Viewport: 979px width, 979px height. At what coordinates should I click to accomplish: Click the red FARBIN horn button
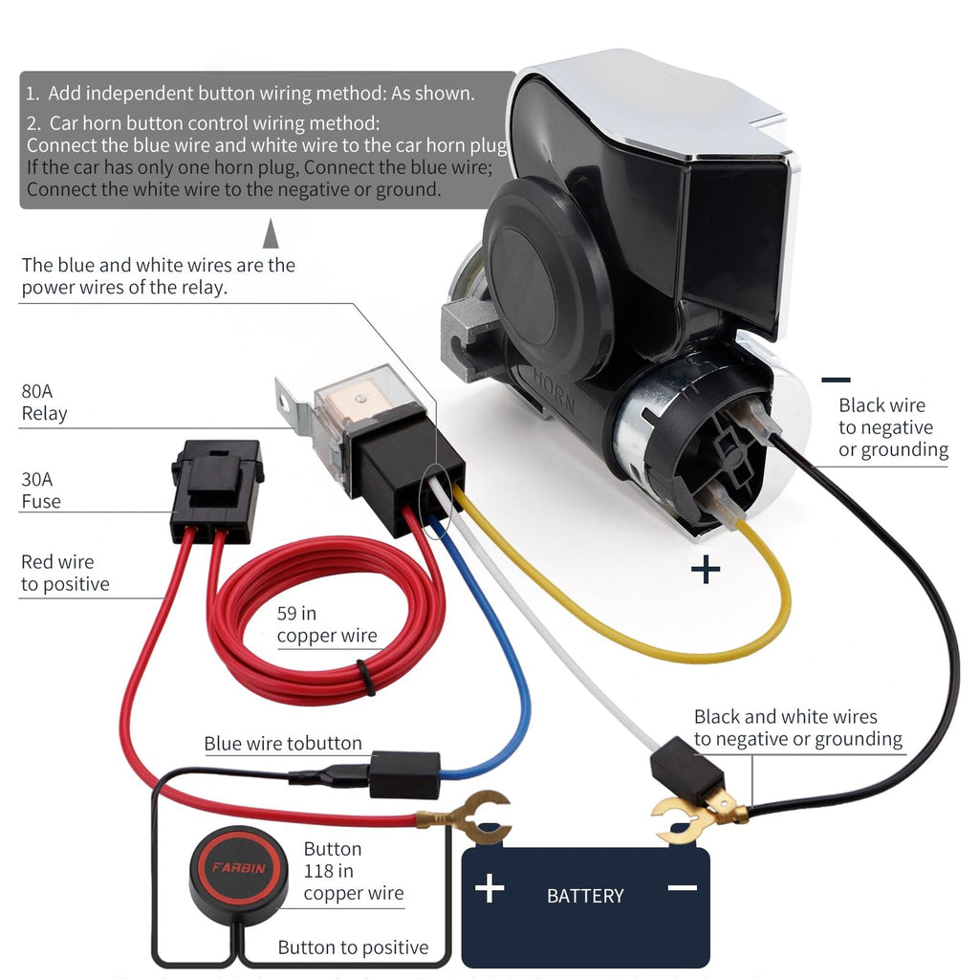[238, 868]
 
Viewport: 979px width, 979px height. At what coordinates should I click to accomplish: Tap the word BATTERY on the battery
[585, 896]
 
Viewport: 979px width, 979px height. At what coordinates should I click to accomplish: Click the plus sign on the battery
[489, 888]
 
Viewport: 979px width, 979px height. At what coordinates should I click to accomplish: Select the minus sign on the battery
[683, 888]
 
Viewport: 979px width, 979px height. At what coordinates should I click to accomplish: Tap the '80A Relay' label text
[44, 402]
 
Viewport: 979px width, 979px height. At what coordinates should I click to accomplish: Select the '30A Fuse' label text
[41, 489]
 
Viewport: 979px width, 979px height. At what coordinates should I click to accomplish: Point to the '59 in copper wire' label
[327, 624]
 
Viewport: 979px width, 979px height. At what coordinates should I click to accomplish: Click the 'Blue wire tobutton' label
[283, 743]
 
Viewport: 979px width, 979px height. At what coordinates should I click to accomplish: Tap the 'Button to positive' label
[353, 947]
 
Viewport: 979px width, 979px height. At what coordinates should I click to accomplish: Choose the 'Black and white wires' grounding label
[797, 728]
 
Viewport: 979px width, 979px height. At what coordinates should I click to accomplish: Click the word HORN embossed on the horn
[555, 389]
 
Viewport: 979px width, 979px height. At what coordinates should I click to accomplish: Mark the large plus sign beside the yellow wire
[706, 571]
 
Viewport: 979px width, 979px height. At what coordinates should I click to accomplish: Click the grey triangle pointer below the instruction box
[271, 233]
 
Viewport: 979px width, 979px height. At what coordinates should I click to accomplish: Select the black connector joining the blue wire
[404, 773]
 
